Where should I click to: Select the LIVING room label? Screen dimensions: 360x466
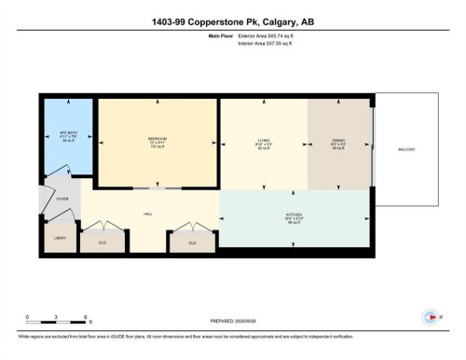(264, 142)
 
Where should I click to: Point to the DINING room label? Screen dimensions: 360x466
(339, 142)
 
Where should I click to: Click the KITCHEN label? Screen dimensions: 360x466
(293, 214)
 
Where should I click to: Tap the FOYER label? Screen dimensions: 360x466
(62, 199)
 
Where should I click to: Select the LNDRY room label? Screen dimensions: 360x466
(58, 239)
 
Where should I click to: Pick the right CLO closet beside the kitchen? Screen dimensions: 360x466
(192, 242)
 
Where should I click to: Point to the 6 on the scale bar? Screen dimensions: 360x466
(86, 317)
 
